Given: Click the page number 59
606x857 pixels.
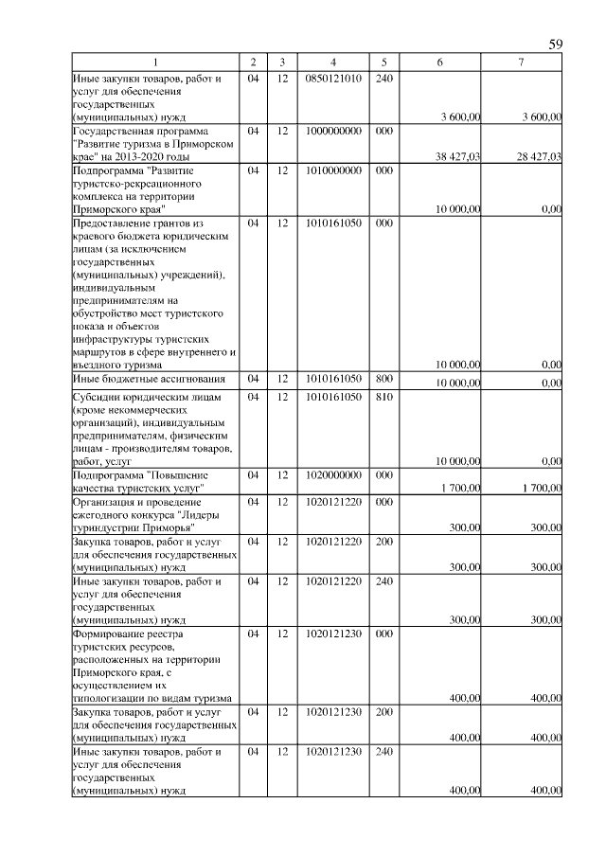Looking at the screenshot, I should pos(556,45).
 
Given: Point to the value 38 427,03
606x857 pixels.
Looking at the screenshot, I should pos(457,157).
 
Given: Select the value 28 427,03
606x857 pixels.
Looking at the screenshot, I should pos(538,157).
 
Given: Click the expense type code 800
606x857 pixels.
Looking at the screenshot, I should pos(383,379).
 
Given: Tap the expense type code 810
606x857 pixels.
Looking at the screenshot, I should pos(383,397).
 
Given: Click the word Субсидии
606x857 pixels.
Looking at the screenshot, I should pos(97,397).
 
